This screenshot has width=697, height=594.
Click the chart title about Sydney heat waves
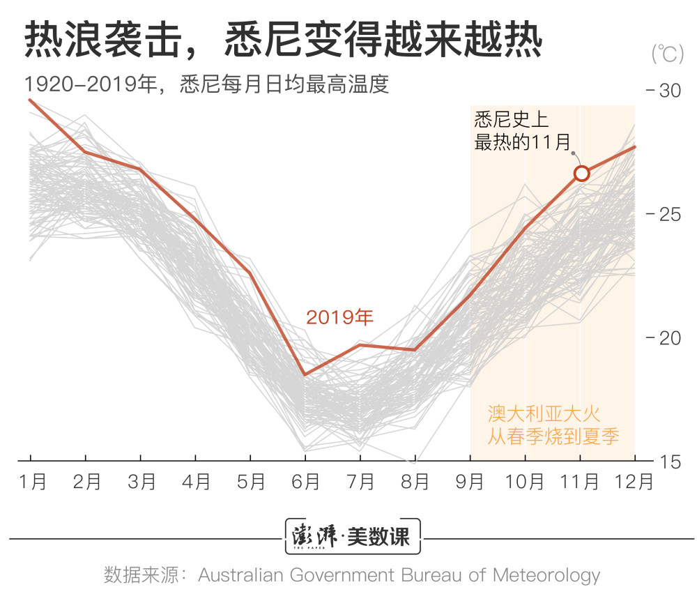pos(283,40)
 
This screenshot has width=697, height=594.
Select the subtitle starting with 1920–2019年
pos(206,84)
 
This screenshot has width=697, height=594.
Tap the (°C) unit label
pos(667,54)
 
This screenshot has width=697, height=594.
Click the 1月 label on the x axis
pos(31,481)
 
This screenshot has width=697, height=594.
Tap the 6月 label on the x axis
pos(305,481)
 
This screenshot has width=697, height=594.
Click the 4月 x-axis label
pos(196,481)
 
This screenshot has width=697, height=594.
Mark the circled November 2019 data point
pos(581,174)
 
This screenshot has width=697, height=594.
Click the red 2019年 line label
pos(340,318)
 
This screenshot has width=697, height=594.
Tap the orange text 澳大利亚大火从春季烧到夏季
pos(553,427)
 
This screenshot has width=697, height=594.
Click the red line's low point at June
pos(305,374)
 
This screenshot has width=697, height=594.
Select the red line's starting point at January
pos(30,100)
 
